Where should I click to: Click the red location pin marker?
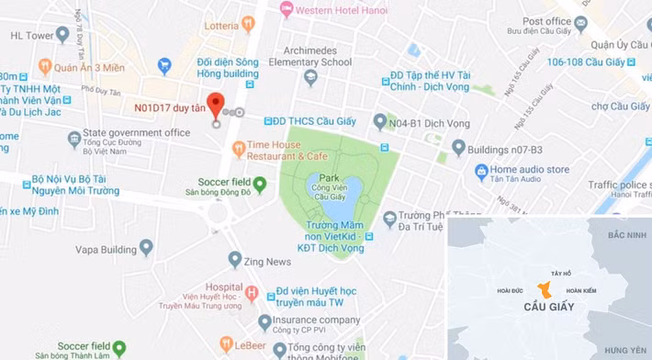[x=216, y=104]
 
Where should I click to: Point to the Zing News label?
[x=267, y=262]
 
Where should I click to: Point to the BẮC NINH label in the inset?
[x=626, y=236]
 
